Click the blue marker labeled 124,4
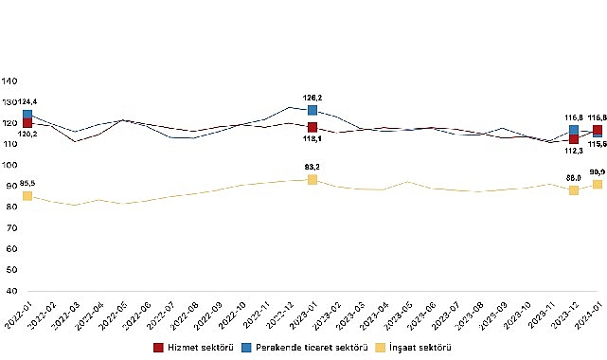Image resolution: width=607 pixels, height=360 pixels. coord(27,114)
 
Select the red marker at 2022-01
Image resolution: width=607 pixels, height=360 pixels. coord(27,123)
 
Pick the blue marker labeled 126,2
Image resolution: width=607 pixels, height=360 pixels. coord(312,110)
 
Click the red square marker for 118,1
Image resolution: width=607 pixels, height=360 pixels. coord(312,127)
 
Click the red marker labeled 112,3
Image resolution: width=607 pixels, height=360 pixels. coord(574,139)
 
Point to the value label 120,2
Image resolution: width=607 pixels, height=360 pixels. coord(27,135)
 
